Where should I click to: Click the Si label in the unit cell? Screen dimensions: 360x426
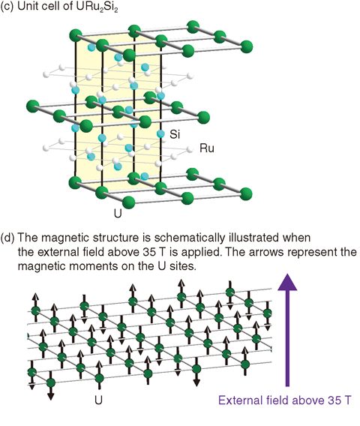click(175, 134)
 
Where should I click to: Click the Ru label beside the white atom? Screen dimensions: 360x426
click(207, 148)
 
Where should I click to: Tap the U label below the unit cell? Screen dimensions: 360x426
click(118, 214)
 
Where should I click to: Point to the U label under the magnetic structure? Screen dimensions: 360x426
click(98, 400)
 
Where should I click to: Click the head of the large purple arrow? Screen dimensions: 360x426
click(287, 283)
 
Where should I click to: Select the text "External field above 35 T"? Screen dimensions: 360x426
click(284, 400)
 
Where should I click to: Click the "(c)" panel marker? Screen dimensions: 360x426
click(7, 7)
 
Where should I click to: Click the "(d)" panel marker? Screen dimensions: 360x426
click(7, 238)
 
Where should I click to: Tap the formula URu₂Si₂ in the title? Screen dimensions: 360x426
click(97, 7)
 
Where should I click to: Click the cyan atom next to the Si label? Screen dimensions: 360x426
click(160, 133)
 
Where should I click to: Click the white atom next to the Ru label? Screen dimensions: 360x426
click(190, 149)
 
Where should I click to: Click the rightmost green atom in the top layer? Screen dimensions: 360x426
click(246, 46)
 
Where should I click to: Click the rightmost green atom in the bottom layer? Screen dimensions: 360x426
click(246, 194)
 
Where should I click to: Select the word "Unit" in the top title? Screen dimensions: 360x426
click(26, 7)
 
